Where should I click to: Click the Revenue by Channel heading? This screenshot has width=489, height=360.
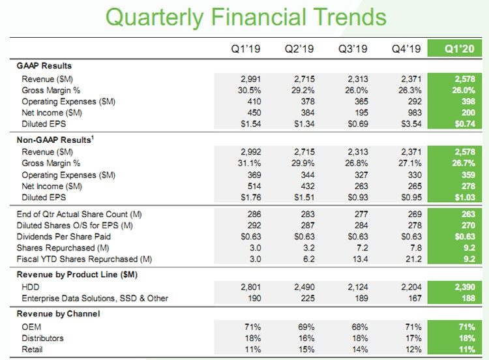point(59,313)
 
